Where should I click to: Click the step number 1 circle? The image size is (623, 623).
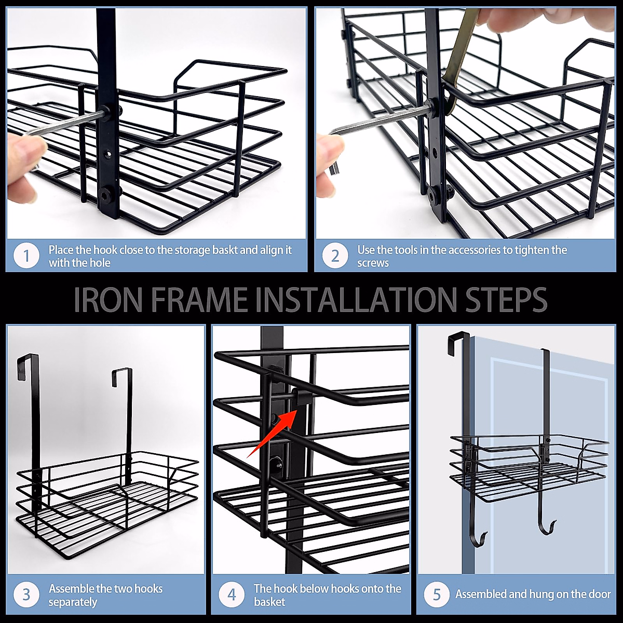click(26, 256)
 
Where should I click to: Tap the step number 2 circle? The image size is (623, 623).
click(335, 256)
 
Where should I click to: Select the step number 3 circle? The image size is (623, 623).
click(26, 594)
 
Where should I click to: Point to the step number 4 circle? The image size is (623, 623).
click(232, 594)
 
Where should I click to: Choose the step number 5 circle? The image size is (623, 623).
click(437, 594)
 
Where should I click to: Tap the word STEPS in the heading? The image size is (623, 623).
click(506, 300)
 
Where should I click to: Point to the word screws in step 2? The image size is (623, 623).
click(373, 263)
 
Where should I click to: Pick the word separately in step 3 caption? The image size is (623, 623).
click(73, 602)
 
